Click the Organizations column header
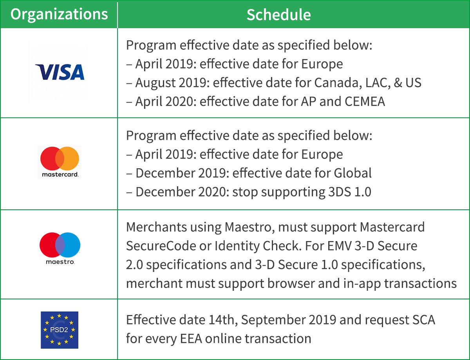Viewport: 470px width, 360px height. coord(59,14)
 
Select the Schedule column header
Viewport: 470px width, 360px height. coord(278,15)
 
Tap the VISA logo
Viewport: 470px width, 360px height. coord(60,72)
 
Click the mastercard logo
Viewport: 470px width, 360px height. coord(60,162)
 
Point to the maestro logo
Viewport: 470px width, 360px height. coord(60,248)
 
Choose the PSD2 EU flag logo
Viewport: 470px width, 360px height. coord(60,330)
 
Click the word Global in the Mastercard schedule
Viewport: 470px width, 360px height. coord(352,173)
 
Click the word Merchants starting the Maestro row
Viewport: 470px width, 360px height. coord(156,227)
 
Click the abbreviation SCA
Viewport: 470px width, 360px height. coord(423,320)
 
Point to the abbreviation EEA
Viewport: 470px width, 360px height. coord(191,338)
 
